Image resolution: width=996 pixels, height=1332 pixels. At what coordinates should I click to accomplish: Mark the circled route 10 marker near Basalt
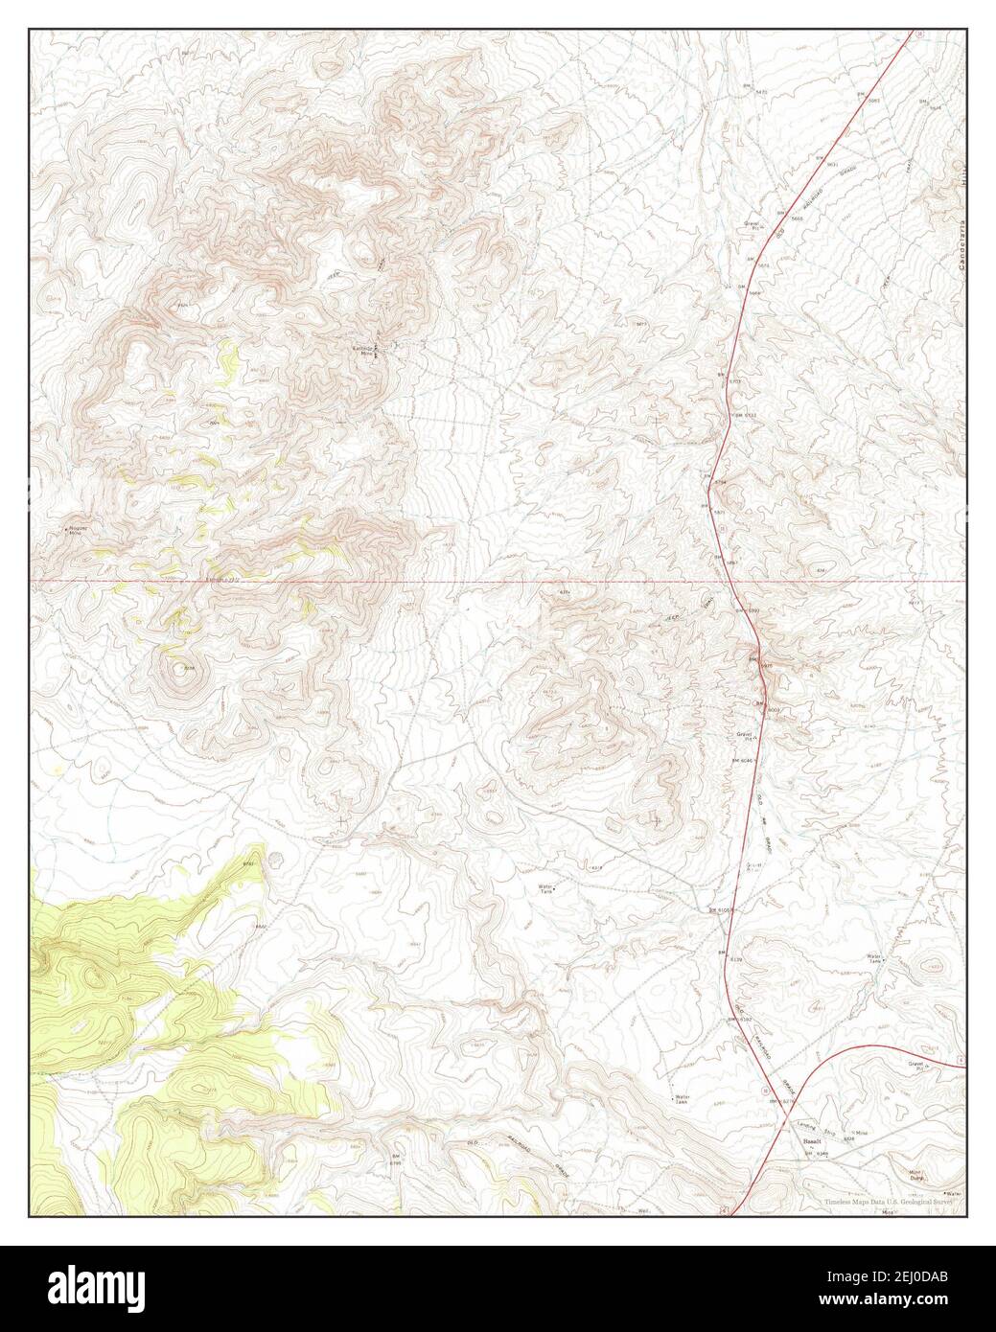coord(764,1091)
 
